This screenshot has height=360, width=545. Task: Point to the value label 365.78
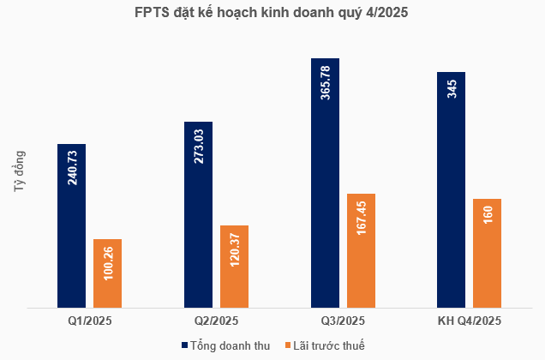point(326,82)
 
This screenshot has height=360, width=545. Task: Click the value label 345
point(452,88)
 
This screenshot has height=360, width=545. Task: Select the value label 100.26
point(108,262)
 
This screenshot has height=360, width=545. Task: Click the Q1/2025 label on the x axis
point(90,321)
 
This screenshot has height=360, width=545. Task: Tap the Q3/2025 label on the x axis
point(343,321)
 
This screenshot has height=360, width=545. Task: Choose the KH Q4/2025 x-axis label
point(469,321)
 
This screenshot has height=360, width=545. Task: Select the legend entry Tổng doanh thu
point(225,345)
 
